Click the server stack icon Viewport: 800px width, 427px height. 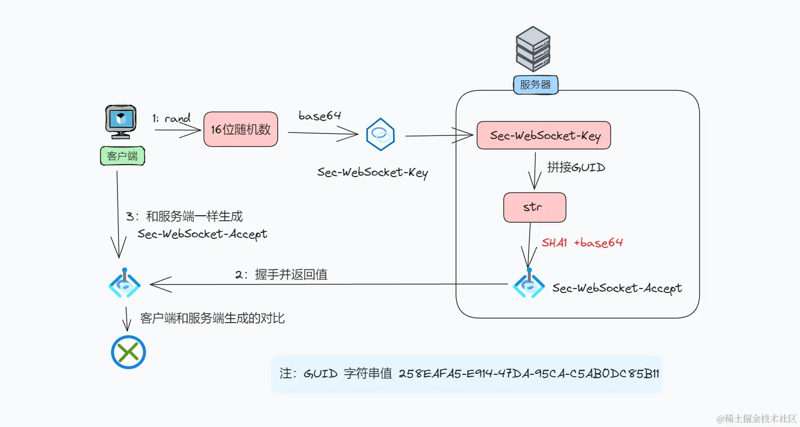pyautogui.click(x=533, y=49)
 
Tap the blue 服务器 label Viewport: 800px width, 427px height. pyautogui.click(x=535, y=85)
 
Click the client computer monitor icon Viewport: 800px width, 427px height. pyautogui.click(x=121, y=121)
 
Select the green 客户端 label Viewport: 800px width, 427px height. pyautogui.click(x=122, y=156)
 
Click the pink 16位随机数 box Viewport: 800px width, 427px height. pyautogui.click(x=241, y=129)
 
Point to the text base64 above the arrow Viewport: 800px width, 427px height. pyautogui.click(x=319, y=116)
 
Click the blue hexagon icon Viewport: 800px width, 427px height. pyautogui.click(x=380, y=134)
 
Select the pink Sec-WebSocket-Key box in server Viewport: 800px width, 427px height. pyautogui.click(x=544, y=135)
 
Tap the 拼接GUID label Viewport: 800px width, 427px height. pyautogui.click(x=576, y=167)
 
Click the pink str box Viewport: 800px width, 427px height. pyautogui.click(x=534, y=207)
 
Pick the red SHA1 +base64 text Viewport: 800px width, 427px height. pyautogui.click(x=582, y=243)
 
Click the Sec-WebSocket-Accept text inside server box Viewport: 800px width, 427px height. pyautogui.click(x=617, y=288)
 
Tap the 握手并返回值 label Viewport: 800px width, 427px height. pyautogui.click(x=291, y=274)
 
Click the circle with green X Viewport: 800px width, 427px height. pyautogui.click(x=129, y=352)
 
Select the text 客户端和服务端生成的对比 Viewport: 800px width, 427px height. pyautogui.click(x=212, y=318)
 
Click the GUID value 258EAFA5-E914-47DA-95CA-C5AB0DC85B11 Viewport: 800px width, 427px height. pyautogui.click(x=528, y=374)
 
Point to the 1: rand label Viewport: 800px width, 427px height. pyautogui.click(x=171, y=118)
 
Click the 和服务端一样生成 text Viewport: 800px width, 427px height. pyautogui.click(x=194, y=216)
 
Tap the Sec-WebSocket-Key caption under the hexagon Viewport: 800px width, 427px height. pyautogui.click(x=372, y=173)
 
